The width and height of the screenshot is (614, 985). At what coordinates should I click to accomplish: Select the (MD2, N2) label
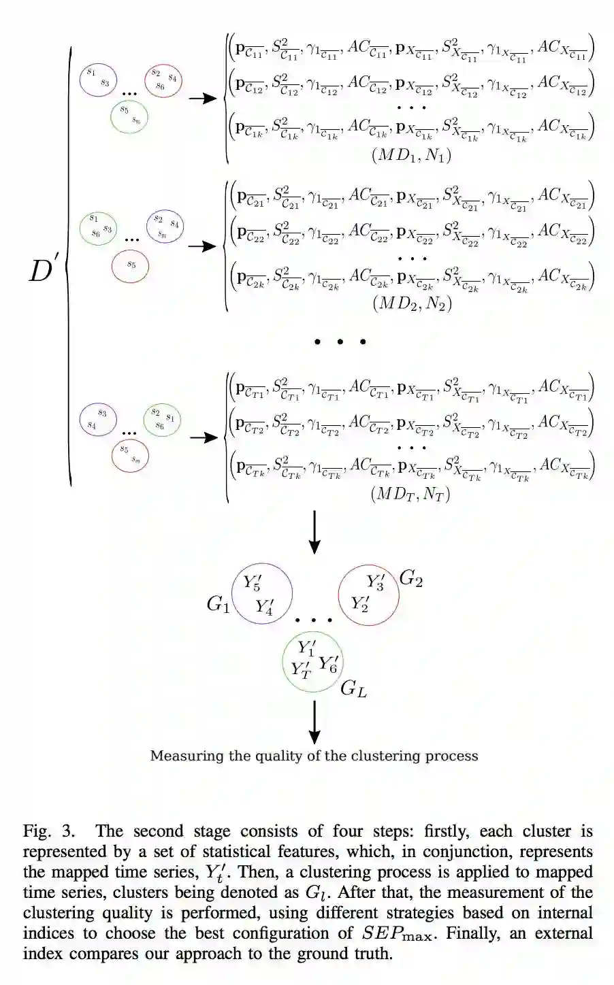[x=411, y=303]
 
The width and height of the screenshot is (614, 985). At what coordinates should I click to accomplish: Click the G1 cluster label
[x=218, y=603]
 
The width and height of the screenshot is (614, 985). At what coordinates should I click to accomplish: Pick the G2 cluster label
[x=410, y=578]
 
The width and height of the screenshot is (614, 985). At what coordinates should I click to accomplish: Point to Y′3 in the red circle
[x=375, y=582]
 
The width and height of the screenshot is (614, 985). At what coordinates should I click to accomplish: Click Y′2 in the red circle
[x=359, y=603]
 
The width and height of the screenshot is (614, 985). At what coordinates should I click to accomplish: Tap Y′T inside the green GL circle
[x=301, y=669]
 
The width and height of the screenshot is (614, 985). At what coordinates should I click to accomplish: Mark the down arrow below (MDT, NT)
[x=314, y=533]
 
